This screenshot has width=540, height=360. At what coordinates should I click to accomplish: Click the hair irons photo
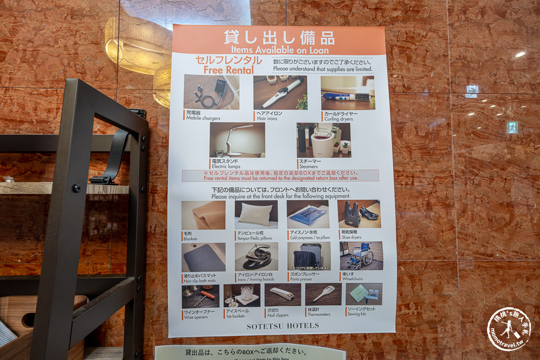(280, 92)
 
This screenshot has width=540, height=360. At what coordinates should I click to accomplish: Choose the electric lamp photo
(237, 140)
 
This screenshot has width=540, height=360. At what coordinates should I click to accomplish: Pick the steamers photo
(323, 140)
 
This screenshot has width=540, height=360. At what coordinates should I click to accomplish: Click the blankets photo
(203, 215)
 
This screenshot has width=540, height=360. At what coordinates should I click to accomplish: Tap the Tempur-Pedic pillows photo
(256, 214)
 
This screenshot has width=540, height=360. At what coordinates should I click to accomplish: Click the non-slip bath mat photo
(203, 257)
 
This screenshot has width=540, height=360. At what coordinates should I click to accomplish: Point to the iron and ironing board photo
(256, 256)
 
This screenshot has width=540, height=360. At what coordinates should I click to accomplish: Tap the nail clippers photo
(282, 295)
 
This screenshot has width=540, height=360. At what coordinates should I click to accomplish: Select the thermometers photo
(323, 294)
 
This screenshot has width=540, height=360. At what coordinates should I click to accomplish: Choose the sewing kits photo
(363, 294)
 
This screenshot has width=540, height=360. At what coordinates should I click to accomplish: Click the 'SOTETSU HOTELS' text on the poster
(282, 326)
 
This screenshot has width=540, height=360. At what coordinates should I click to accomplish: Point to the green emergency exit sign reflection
(511, 127)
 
